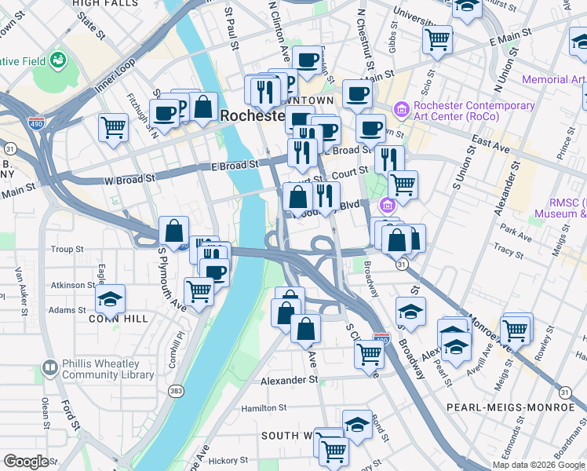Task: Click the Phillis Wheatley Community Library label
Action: click(x=107, y=369)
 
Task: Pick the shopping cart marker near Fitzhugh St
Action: click(x=114, y=127)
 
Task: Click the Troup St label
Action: click(x=67, y=250)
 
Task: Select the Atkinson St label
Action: click(x=71, y=285)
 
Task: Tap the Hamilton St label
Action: click(x=264, y=408)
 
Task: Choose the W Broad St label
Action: click(x=129, y=180)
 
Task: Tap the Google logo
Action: click(x=27, y=462)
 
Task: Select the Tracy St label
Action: click(x=509, y=252)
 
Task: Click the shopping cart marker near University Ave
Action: click(x=438, y=38)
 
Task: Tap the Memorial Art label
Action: click(x=554, y=80)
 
